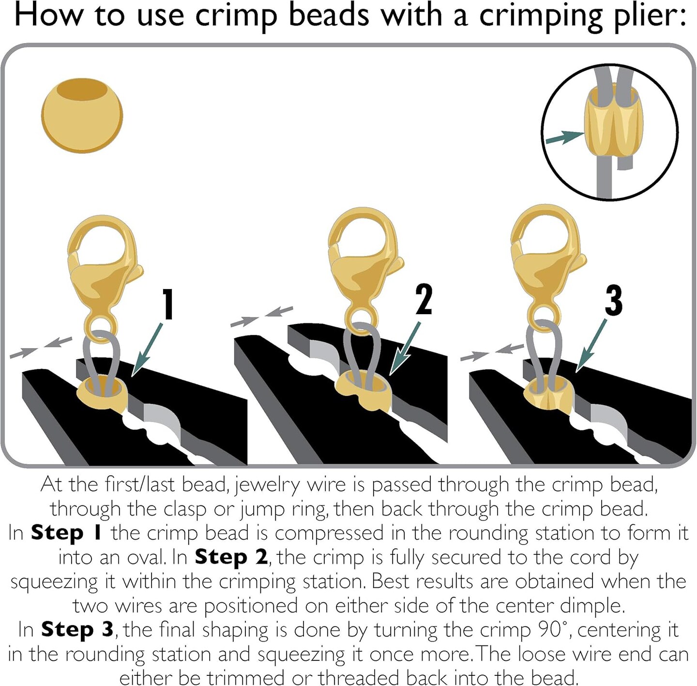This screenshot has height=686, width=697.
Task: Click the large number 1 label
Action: [x=167, y=305]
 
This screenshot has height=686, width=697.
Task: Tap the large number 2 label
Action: [x=424, y=300]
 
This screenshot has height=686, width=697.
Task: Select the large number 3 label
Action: [x=613, y=301]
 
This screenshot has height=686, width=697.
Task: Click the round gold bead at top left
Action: [x=82, y=116]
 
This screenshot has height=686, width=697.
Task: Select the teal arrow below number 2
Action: [x=405, y=349]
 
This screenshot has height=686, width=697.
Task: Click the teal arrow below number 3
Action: [x=591, y=346]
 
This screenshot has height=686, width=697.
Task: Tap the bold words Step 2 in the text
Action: [x=231, y=557]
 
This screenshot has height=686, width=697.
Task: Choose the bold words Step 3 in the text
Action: [x=77, y=630]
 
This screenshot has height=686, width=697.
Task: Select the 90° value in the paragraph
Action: [x=552, y=630]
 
